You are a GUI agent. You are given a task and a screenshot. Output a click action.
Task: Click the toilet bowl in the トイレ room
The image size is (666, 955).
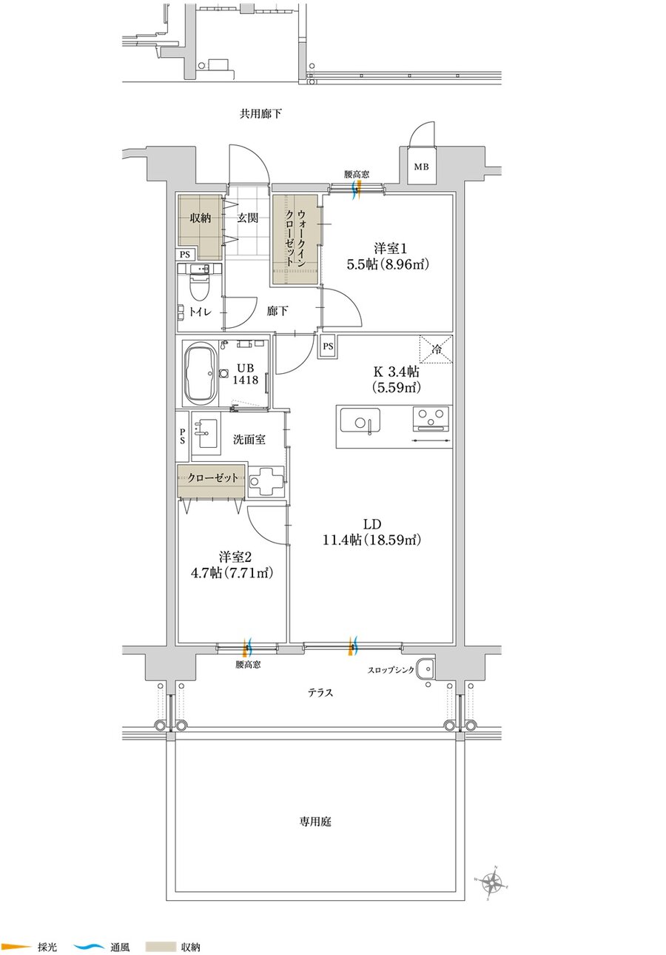point(199,288)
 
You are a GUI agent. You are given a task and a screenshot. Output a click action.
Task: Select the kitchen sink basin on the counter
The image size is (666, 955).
point(360,420)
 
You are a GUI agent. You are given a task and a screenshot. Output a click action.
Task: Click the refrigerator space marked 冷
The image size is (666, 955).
point(436,349)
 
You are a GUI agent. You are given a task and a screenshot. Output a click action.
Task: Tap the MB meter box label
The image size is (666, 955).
point(421,167)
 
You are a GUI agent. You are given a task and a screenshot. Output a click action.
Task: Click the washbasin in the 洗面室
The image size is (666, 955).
point(206,433)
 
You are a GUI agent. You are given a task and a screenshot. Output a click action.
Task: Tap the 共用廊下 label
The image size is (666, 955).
point(260,114)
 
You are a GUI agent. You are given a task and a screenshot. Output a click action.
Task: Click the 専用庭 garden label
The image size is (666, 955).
point(315,822)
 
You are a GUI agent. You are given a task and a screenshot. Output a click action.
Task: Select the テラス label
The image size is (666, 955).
point(320,692)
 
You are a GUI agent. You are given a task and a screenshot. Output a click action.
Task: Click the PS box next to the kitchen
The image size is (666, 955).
point(328,346)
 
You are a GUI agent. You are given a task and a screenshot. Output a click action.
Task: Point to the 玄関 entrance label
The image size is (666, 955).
point(248,218)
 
